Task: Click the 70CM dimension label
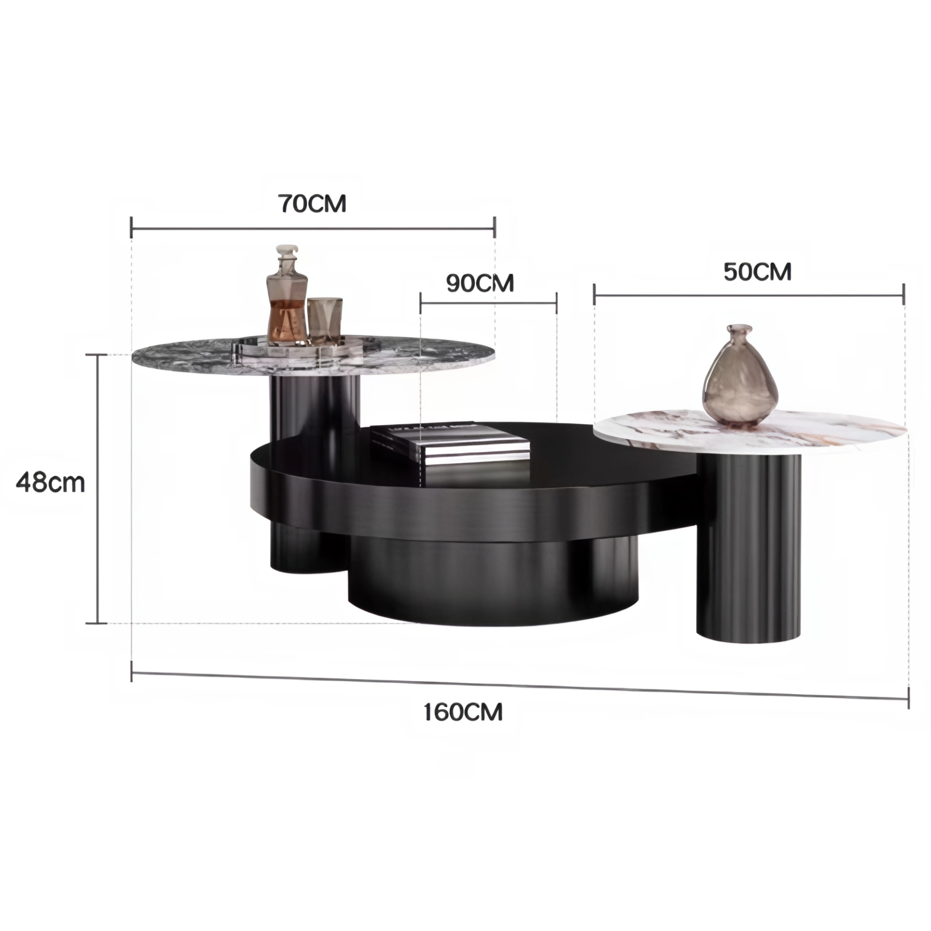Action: [x=312, y=204]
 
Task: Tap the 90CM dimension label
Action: [x=480, y=283]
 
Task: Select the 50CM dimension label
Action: [x=757, y=272]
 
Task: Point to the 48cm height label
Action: [x=50, y=482]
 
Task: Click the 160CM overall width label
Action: [x=463, y=712]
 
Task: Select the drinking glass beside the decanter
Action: [x=325, y=320]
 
